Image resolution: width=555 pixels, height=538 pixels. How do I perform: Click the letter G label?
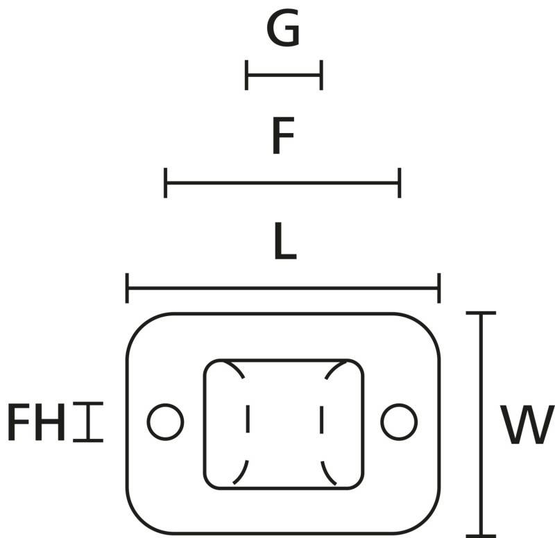coord(283,31)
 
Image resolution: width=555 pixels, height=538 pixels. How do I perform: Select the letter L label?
coord(284,243)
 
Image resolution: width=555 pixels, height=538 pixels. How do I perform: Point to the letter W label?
coord(528,426)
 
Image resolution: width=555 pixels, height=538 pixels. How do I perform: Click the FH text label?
coord(36,423)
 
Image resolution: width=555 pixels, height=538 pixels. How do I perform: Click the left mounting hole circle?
coord(166,422)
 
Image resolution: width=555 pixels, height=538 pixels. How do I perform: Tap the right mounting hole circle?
coord(399,422)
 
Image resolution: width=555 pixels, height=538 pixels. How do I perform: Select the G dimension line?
coord(284,75)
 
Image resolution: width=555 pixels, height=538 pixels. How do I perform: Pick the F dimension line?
coord(282,183)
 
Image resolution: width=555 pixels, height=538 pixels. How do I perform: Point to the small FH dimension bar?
coord(88,422)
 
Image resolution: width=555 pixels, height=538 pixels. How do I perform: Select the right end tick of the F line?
coord(400,183)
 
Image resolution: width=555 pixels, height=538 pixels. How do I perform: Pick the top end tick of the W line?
coord(480,313)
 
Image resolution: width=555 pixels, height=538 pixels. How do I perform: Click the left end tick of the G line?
coord(246,75)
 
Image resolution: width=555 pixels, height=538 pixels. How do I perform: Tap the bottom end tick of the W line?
coord(480,535)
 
